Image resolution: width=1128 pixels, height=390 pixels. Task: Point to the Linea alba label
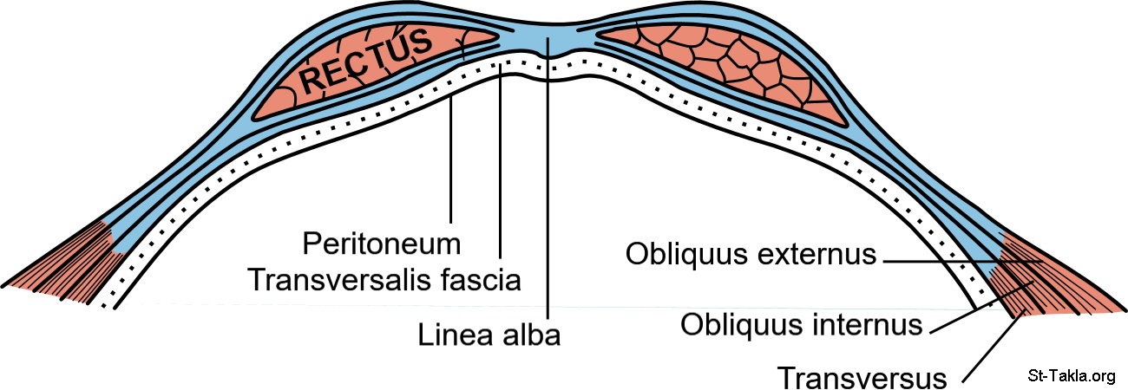(489, 333)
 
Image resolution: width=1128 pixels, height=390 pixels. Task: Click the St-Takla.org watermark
(1070, 375)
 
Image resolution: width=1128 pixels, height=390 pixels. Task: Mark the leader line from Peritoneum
(451, 156)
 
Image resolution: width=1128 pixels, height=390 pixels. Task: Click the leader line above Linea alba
(548, 191)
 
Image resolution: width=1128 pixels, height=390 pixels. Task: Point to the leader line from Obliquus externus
(954, 259)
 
